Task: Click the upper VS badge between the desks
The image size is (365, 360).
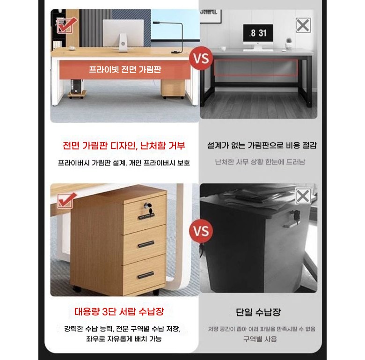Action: (x=201, y=58)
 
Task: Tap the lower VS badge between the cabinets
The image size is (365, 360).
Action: (x=201, y=231)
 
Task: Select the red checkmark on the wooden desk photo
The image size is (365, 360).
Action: (x=66, y=25)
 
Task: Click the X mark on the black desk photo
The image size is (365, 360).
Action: (x=303, y=25)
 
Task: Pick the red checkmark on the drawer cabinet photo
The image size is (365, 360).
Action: (x=66, y=200)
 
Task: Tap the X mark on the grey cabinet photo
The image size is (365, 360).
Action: (x=303, y=196)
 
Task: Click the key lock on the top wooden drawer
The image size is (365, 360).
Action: (x=148, y=207)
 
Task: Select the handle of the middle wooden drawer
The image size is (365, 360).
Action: (x=146, y=244)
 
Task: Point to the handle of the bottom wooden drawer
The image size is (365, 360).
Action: (x=146, y=275)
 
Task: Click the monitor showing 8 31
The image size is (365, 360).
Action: (x=258, y=35)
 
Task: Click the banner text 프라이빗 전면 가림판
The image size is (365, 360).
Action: (x=125, y=69)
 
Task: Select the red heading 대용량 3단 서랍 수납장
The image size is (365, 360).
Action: (x=119, y=311)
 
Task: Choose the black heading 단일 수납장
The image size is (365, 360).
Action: (x=258, y=312)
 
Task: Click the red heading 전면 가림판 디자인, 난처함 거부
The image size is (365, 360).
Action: (x=124, y=146)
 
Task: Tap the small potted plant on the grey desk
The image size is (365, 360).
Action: (x=289, y=44)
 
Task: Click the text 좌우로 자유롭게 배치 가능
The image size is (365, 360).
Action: (x=124, y=338)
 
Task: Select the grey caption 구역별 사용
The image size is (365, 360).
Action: (x=260, y=339)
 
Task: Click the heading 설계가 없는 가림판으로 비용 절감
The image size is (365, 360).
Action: (x=262, y=146)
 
